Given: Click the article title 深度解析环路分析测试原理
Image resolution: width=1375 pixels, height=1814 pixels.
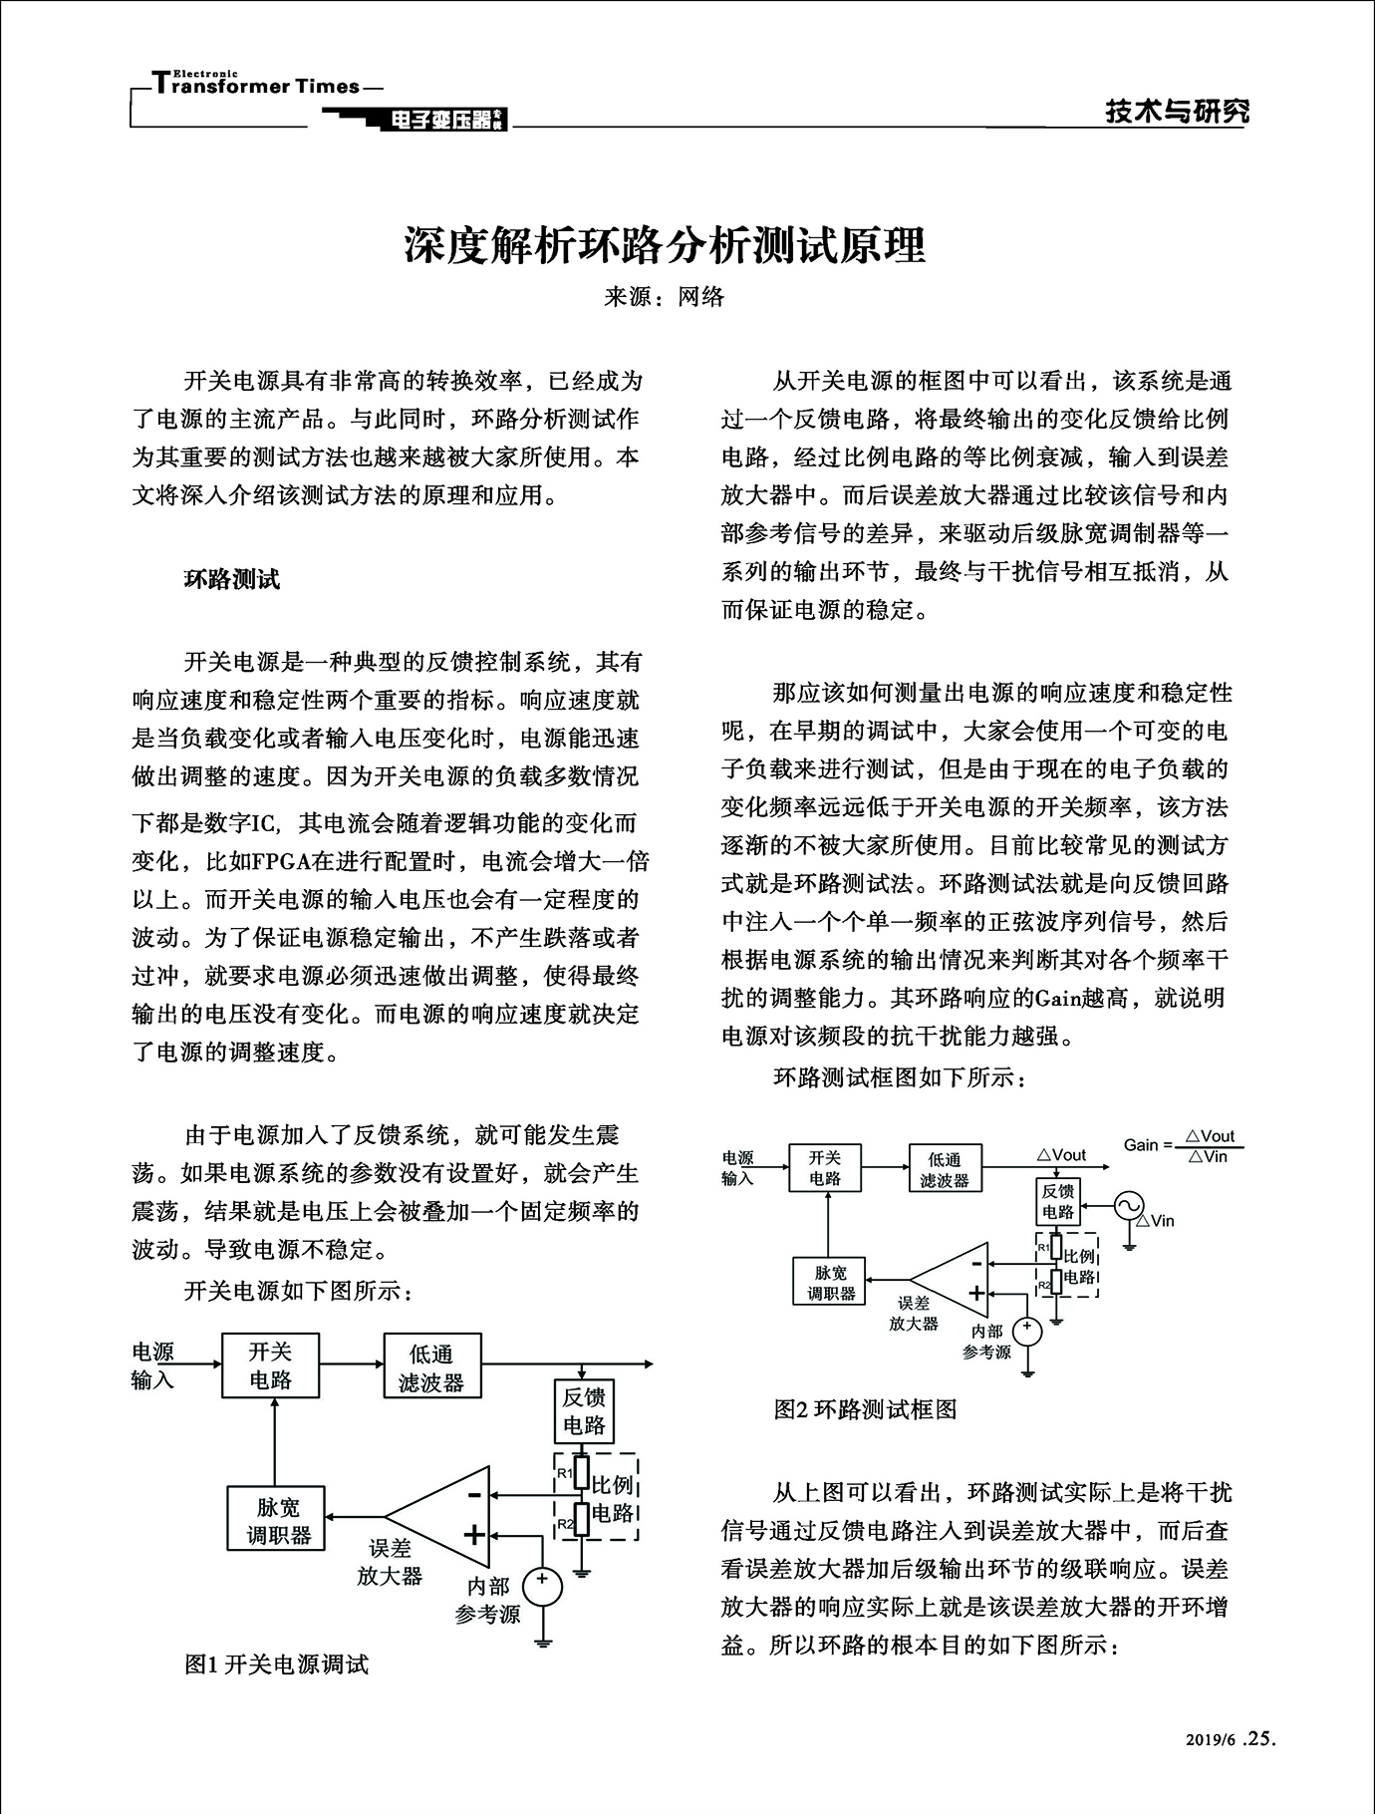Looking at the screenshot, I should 665,245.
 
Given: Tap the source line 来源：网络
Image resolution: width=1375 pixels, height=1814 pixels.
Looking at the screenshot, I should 665,296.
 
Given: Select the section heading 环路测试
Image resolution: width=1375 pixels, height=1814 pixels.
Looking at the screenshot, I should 232,579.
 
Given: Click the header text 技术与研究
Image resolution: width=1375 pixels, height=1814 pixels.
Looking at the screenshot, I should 1177,112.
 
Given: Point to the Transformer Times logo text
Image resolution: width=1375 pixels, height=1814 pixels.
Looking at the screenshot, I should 257,86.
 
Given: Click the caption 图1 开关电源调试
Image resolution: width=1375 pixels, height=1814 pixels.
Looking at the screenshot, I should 276,1663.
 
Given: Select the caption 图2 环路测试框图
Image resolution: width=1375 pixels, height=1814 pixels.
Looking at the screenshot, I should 865,1408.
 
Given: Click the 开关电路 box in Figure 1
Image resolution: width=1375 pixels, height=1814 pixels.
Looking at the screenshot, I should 270,1365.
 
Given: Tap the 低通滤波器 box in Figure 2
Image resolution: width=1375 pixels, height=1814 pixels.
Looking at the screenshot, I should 945,1170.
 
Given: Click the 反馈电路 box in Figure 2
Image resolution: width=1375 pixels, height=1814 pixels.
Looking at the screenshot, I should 1058,1201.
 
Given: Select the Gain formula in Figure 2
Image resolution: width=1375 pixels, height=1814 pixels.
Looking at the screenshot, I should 1184,1145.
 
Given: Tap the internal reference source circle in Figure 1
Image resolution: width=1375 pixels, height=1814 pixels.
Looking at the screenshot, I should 542,1587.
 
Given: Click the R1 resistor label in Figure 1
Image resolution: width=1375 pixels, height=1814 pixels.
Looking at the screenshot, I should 564,1473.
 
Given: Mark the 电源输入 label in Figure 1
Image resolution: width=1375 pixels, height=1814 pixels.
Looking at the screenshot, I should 153,1365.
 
